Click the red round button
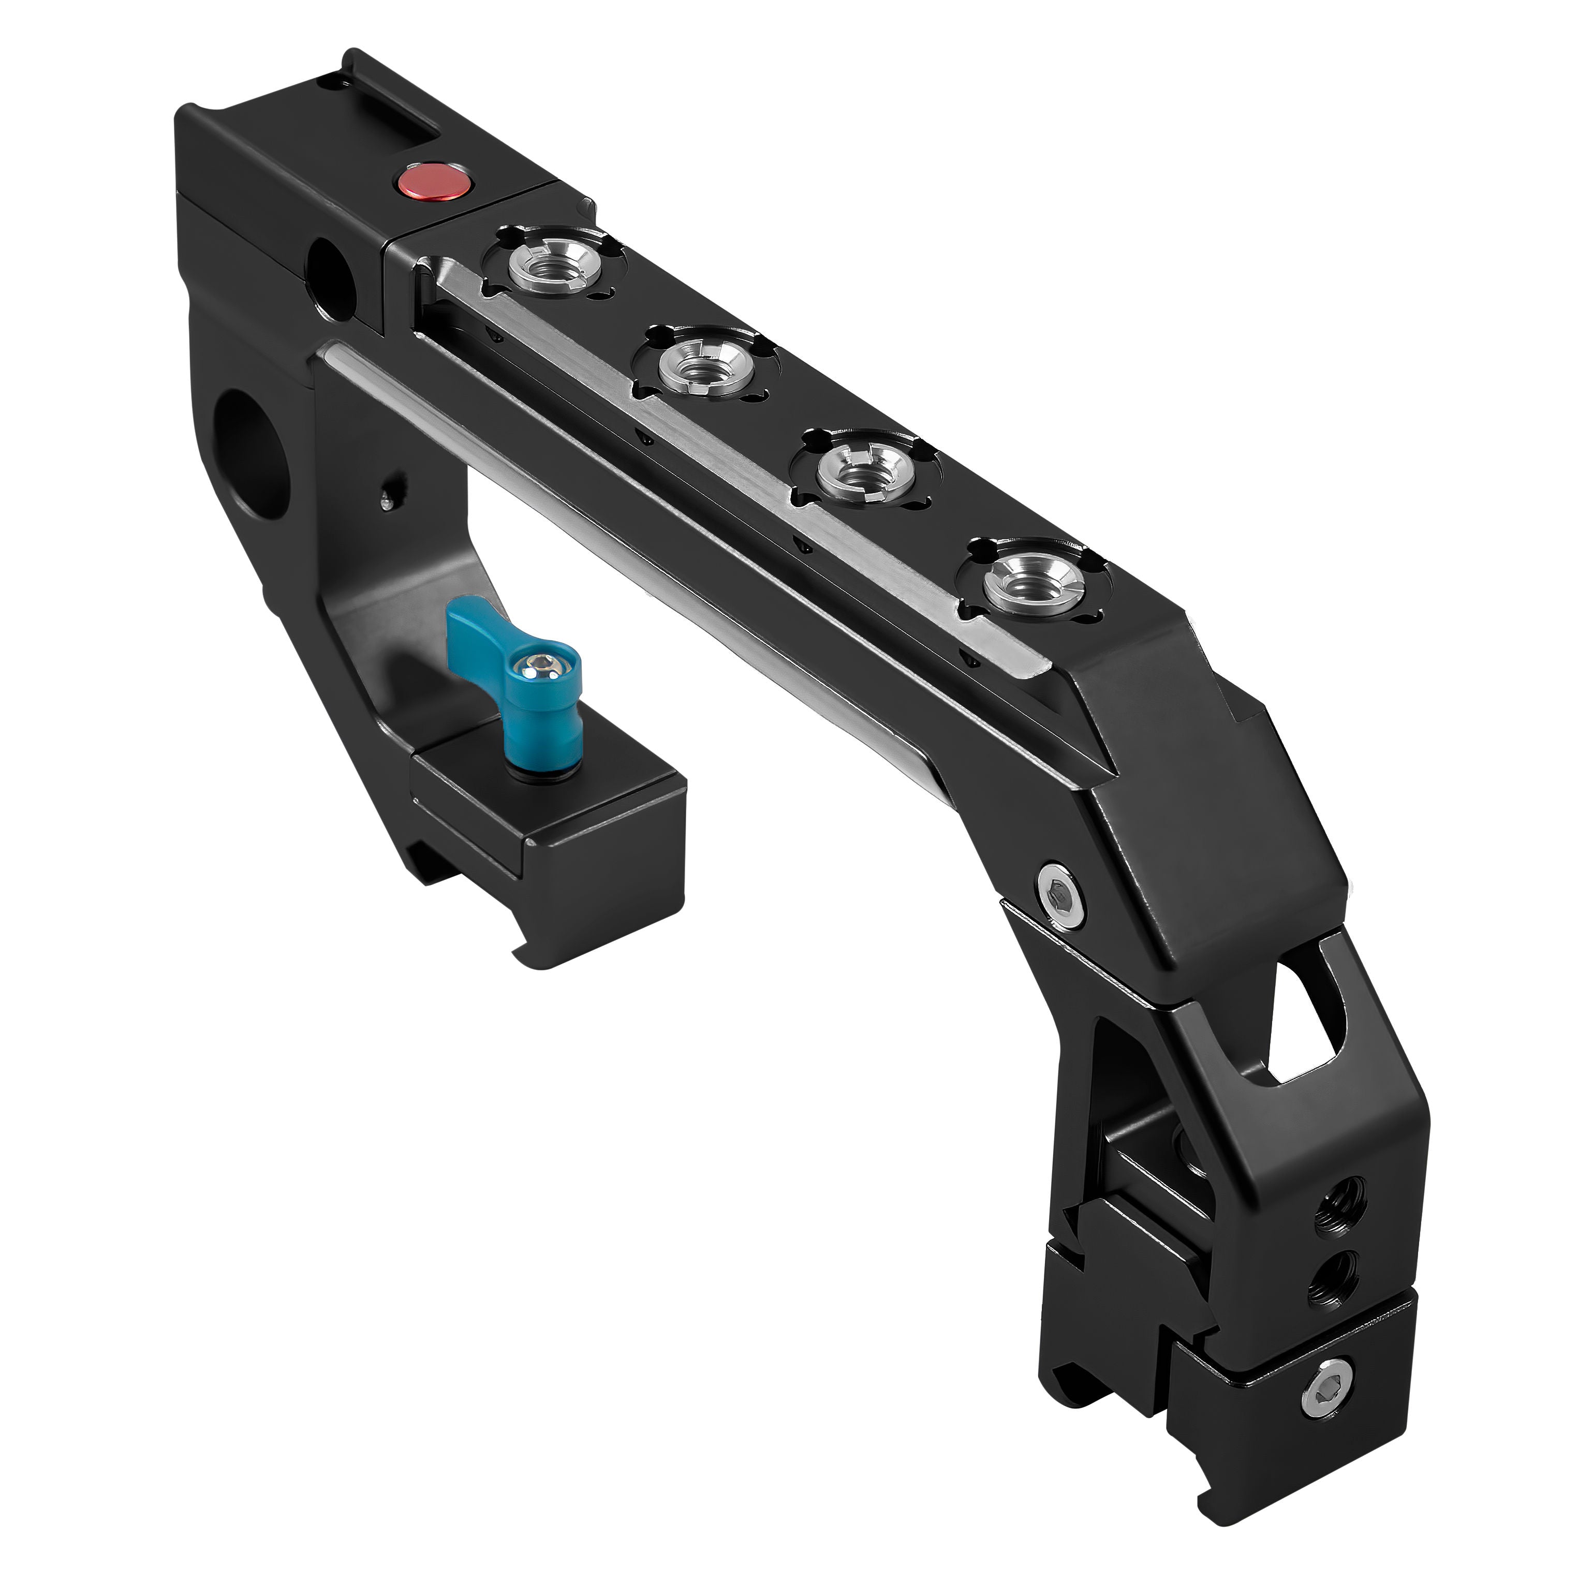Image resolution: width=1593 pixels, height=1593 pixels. (431, 181)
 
